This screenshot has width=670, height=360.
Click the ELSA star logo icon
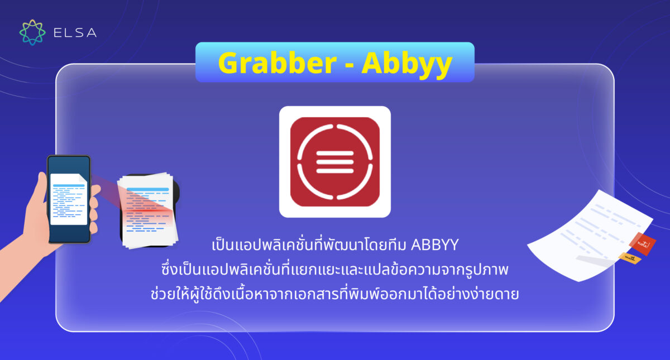pos(32,32)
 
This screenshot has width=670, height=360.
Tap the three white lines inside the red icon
pos(335,162)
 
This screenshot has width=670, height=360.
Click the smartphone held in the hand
pos(69,199)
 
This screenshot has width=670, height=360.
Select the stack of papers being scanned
pos(148,209)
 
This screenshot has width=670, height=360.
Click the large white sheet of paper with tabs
pos(586,234)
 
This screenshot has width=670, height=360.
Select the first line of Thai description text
pos(335,246)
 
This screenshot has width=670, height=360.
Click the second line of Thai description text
pos(335,270)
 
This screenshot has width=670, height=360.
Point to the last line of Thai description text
pos(335,294)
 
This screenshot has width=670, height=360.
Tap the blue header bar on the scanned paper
pos(147,190)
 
